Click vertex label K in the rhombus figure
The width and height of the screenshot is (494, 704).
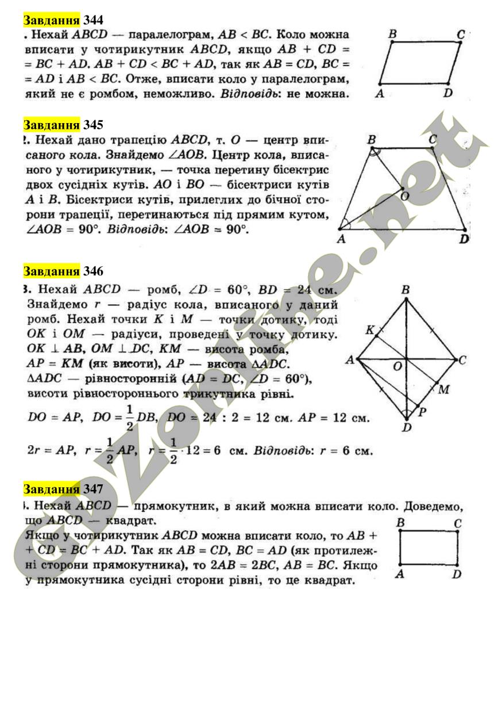tap(369, 330)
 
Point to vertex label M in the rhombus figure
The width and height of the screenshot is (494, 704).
tap(443, 390)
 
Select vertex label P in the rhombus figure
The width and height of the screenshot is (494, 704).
tap(422, 412)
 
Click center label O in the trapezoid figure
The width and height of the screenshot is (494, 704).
tap(406, 197)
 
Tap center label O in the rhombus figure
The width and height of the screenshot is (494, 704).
tap(397, 366)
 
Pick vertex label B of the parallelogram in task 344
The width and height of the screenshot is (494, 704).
tap(392, 35)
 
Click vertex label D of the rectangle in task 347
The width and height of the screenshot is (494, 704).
tap(457, 573)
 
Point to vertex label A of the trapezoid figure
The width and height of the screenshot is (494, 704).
tap(341, 239)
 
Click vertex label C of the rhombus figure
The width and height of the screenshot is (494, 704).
tap(462, 360)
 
